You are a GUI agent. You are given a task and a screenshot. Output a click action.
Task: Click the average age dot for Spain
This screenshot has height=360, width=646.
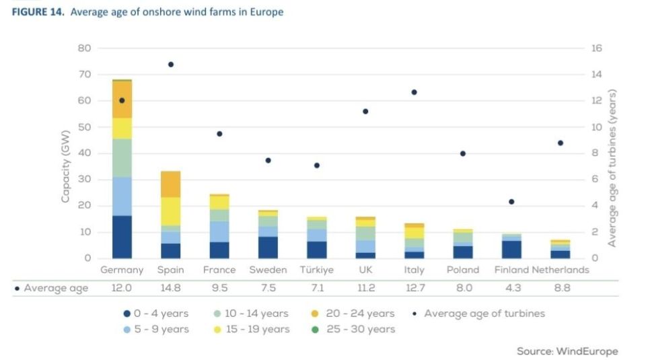171,65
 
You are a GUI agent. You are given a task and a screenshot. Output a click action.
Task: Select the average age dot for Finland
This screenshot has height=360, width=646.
511,202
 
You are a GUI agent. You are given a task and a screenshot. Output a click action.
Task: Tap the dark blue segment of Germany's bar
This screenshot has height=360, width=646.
122,237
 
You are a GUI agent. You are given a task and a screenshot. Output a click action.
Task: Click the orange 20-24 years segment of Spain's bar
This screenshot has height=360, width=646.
171,184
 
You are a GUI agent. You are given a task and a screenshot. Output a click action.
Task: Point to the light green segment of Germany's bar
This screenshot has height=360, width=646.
122,158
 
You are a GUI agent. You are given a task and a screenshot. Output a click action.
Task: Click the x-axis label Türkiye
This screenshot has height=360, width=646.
316,270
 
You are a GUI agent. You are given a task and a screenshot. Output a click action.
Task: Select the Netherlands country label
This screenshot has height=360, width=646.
561,270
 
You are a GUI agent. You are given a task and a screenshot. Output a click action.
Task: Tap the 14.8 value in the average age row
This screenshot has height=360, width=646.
171,289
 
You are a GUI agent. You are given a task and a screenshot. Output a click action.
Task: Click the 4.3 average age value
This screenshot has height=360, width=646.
511,289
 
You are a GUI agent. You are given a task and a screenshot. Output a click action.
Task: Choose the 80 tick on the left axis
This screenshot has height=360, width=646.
85,48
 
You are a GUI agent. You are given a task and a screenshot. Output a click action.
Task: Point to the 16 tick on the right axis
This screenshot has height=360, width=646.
597,48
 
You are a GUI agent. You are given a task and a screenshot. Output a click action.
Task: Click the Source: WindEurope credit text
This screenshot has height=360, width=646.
567,351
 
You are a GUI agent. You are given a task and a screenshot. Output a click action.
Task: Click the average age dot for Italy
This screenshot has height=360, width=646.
415,92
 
